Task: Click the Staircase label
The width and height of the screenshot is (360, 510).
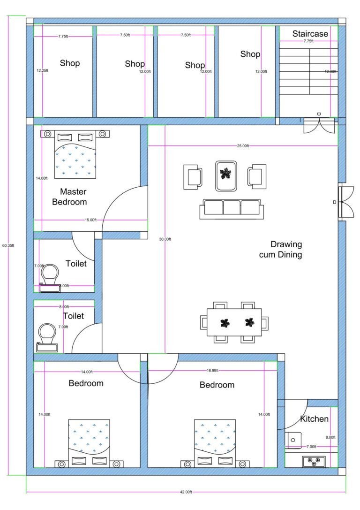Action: pyautogui.click(x=310, y=34)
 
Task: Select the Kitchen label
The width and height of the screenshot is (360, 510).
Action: pyautogui.click(x=314, y=419)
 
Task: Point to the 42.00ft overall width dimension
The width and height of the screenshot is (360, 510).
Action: pyautogui.click(x=186, y=492)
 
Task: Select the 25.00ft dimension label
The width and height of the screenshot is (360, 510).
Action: pyautogui.click(x=243, y=146)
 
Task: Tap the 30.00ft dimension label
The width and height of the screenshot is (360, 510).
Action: pyautogui.click(x=165, y=239)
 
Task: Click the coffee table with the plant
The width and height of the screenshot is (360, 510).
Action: pyautogui.click(x=226, y=175)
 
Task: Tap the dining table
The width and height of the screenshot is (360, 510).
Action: pyautogui.click(x=234, y=322)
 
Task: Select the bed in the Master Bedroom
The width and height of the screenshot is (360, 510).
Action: pyautogui.click(x=75, y=154)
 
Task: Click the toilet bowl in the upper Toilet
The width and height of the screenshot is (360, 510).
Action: pyautogui.click(x=50, y=274)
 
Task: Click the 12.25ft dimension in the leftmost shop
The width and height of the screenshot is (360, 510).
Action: pyautogui.click(x=43, y=71)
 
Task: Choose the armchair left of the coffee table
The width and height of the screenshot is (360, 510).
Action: pyautogui.click(x=193, y=177)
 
